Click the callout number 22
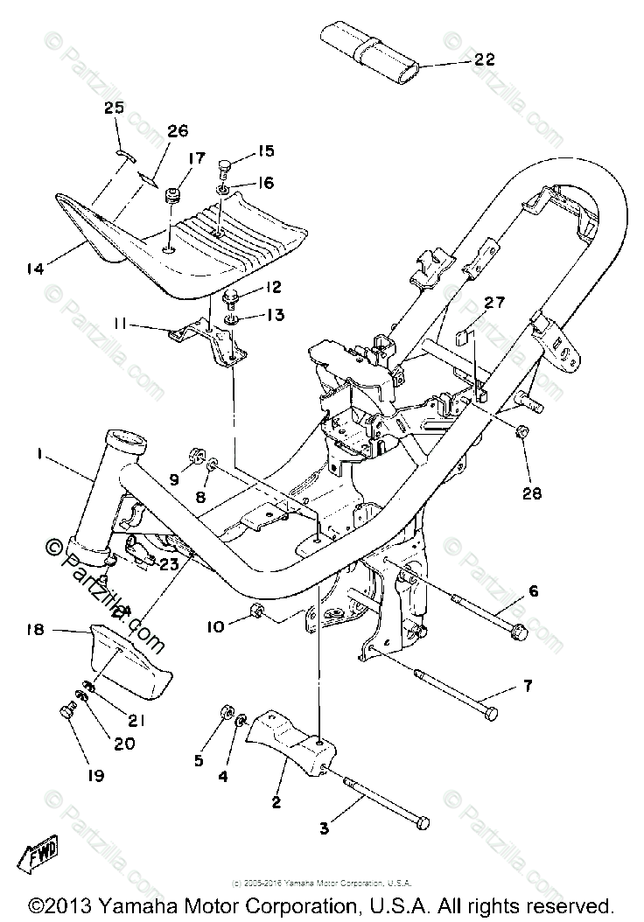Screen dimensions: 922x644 pyautogui.click(x=485, y=59)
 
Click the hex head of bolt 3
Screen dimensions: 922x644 pyautogui.click(x=423, y=822)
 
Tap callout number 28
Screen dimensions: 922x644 pyautogui.click(x=532, y=493)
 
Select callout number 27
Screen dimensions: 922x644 pyautogui.click(x=494, y=303)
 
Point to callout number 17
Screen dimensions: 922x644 pyautogui.click(x=195, y=158)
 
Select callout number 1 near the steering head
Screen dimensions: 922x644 pyautogui.click(x=38, y=453)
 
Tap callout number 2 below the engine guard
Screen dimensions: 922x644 pyautogui.click(x=276, y=801)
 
